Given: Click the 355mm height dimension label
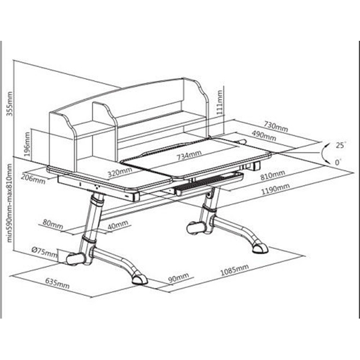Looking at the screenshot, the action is (10, 104).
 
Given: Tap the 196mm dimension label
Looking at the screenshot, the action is (27, 144).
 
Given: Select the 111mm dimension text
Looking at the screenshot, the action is (220, 103).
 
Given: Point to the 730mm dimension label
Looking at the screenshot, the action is (275, 127).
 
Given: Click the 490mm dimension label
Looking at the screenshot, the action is (264, 136).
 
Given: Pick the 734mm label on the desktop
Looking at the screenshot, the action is (189, 155).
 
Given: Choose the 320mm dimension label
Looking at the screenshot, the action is (120, 172).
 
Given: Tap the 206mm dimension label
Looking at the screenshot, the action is (33, 179).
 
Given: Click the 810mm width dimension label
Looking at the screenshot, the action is (273, 175).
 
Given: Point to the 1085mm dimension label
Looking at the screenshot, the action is (235, 270).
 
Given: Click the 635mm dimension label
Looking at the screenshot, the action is (57, 284).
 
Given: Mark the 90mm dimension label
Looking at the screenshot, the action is (179, 278).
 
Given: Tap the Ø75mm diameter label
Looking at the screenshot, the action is (44, 252).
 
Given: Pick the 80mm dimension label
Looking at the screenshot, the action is (53, 224).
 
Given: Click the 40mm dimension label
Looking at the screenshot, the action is (118, 225).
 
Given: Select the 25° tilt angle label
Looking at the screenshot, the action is (341, 145).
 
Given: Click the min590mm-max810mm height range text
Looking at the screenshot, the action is (9, 203).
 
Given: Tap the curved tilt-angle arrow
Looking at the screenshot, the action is (323, 152).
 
